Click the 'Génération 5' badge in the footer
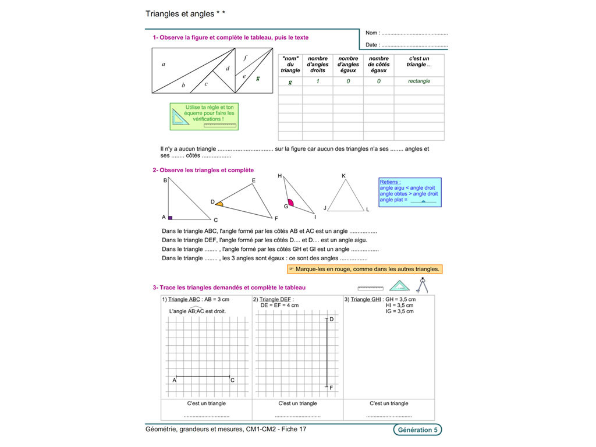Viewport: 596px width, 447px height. tap(417, 430)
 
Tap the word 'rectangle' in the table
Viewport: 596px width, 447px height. tap(419, 81)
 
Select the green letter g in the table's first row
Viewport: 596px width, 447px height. tap(290, 81)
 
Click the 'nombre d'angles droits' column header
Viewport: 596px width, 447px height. tap(318, 64)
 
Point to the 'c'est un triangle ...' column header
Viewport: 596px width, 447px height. tap(419, 62)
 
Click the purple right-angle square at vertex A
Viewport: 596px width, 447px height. tap(171, 217)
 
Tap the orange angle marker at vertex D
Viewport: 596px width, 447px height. tap(219, 204)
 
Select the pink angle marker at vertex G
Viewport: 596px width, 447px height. tap(290, 204)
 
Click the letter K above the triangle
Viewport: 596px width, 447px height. tap(344, 176)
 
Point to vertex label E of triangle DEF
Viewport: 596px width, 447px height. tap(254, 180)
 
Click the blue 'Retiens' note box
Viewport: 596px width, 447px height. tap(410, 192)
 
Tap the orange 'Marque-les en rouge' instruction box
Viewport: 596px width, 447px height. tap(365, 269)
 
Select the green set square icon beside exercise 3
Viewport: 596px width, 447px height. tap(399, 286)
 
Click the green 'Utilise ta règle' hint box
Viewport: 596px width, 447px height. tap(204, 116)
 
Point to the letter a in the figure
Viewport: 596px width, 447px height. tap(164, 64)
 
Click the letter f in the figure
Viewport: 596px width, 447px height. tap(245, 58)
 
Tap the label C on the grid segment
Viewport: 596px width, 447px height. tap(233, 381)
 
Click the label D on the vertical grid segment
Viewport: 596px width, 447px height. tap(332, 319)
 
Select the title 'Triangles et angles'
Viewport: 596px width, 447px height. tap(180, 13)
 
